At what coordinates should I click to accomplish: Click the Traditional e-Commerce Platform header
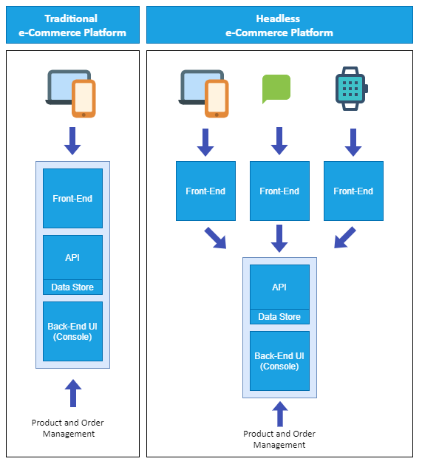[72, 25]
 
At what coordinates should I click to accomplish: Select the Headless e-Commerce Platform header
[279, 25]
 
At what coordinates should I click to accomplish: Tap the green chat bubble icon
[276, 88]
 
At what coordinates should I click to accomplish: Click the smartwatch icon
[351, 88]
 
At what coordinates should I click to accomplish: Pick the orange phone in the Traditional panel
[84, 99]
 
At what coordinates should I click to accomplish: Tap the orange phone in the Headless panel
[217, 99]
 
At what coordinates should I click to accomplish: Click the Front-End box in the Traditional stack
[72, 198]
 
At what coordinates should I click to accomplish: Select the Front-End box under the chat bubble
[279, 191]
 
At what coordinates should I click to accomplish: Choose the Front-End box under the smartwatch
[353, 191]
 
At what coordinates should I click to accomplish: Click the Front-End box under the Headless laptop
[205, 191]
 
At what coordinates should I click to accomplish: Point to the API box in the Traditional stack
[72, 257]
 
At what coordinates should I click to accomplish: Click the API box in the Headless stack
[279, 287]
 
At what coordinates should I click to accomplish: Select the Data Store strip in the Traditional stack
[72, 287]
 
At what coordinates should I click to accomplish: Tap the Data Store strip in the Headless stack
[279, 317]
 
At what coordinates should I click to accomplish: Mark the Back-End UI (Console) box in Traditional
[72, 331]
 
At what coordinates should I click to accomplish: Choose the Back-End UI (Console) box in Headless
[279, 361]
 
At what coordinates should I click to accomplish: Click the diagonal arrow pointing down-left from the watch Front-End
[344, 238]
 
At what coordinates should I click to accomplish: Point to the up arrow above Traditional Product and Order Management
[72, 393]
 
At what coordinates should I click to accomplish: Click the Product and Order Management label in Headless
[279, 439]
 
